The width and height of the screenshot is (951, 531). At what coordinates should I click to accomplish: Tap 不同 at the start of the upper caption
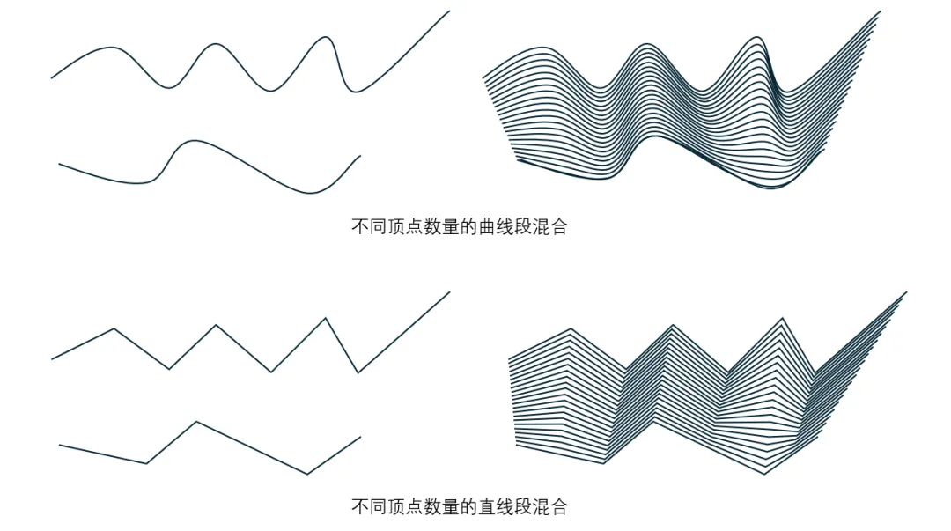tap(367, 226)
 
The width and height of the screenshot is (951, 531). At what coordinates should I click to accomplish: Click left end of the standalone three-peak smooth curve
tap(52, 78)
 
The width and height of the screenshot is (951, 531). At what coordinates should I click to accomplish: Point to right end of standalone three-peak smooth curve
tap(450, 11)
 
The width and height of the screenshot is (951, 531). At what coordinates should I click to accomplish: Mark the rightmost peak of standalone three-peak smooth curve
tap(326, 37)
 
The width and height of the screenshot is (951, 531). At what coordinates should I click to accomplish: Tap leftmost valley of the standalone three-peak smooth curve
tap(171, 87)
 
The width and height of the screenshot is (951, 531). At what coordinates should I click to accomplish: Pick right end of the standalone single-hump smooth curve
tap(360, 156)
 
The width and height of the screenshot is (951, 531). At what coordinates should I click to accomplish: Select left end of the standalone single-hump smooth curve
tap(59, 164)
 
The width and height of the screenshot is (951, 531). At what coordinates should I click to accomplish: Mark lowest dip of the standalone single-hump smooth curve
tap(310, 193)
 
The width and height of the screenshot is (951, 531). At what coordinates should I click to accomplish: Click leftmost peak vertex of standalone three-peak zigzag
tap(114, 328)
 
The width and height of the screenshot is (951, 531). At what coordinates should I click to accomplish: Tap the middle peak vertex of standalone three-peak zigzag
tap(216, 325)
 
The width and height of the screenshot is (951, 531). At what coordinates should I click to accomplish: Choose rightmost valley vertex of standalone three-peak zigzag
tap(358, 372)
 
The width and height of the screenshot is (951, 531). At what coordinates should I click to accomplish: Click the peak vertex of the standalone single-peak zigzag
tap(195, 422)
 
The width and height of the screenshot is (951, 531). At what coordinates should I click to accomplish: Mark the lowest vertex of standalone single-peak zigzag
tap(307, 474)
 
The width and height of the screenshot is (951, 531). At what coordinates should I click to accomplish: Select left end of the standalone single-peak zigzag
tap(59, 445)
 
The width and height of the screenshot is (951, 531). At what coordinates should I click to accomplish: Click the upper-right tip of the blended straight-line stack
tap(906, 292)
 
